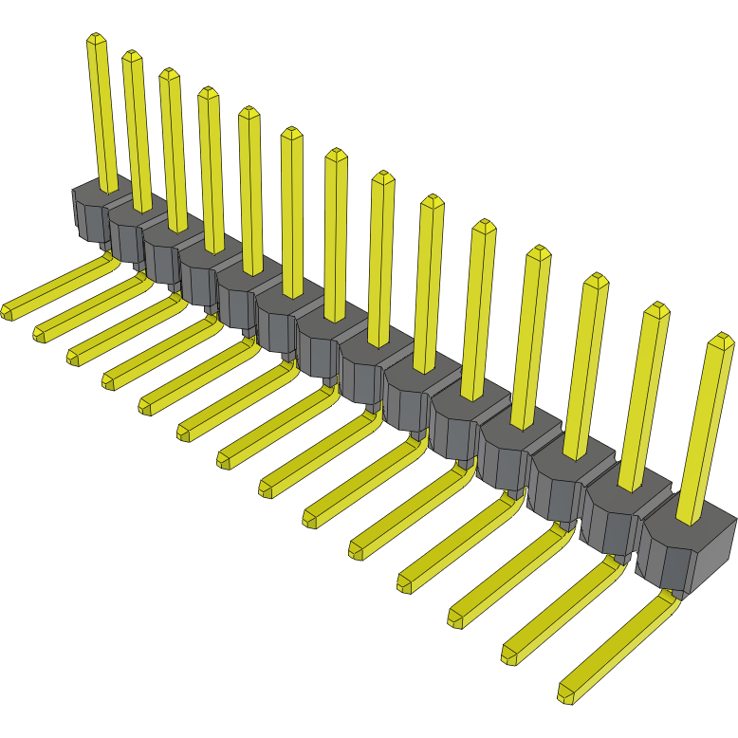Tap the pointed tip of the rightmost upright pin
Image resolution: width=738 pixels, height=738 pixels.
pyautogui.click(x=723, y=338)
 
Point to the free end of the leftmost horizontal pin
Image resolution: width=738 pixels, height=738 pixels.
pyautogui.click(x=9, y=311)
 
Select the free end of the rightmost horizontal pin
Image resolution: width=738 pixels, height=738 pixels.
pyautogui.click(x=566, y=694)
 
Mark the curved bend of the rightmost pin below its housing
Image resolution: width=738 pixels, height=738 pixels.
pyautogui.click(x=674, y=595)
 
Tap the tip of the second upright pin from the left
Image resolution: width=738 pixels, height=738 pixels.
pyautogui.click(x=132, y=54)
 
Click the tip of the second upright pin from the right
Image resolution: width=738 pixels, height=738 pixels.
pyautogui.click(x=656, y=308)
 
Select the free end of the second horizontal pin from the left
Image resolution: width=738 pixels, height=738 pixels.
pyautogui.click(x=40, y=333)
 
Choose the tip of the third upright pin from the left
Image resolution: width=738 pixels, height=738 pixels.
pyautogui.click(x=169, y=72)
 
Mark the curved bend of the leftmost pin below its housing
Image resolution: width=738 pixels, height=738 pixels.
pyautogui.click(x=107, y=250)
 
